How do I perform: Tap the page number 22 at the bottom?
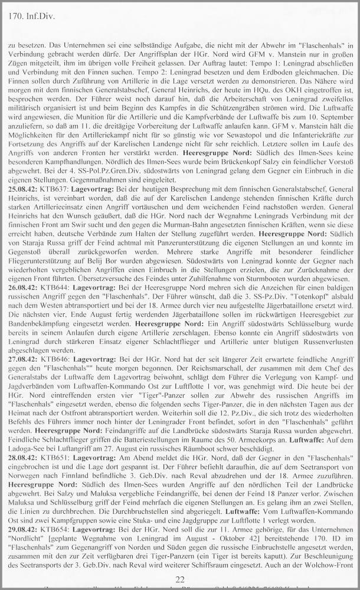pos(179,579)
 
